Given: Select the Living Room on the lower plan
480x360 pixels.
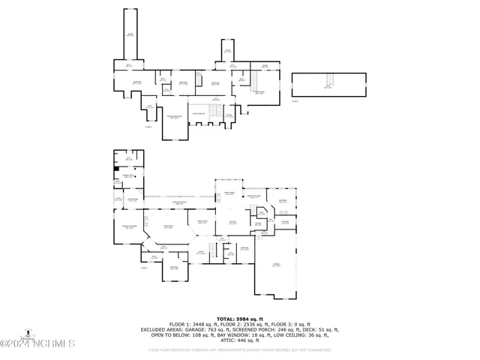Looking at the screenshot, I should (168, 226).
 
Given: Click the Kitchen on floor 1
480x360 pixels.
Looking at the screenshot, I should (232, 223).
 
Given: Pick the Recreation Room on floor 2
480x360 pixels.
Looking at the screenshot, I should (174, 118).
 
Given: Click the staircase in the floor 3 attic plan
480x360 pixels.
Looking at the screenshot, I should (327, 82).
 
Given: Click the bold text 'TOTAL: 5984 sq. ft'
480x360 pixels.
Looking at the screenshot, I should (239, 319).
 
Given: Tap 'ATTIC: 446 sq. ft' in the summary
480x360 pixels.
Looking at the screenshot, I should (239, 340).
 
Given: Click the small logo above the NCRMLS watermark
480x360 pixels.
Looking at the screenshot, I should (29, 332).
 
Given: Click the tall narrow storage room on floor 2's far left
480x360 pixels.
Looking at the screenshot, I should (130, 34).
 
